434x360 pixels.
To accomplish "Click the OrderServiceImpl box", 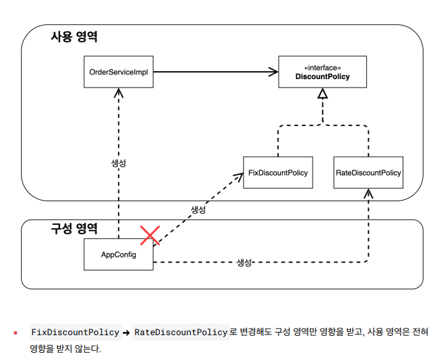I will [x=119, y=72].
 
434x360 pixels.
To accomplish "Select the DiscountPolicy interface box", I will [x=322, y=72].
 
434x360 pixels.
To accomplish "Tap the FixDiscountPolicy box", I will [x=277, y=173].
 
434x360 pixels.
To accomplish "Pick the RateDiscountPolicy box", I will [x=368, y=173].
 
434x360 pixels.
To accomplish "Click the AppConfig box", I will [x=119, y=254].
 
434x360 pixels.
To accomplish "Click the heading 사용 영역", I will [x=74, y=37].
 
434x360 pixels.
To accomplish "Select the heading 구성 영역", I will [x=74, y=229].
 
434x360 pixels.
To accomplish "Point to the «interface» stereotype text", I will [x=322, y=67].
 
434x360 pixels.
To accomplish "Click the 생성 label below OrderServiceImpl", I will [x=119, y=163].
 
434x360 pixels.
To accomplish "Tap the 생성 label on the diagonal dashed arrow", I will [x=198, y=210].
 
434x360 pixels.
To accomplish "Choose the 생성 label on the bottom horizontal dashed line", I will [x=244, y=262].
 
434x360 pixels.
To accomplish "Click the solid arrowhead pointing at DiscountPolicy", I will [x=273, y=72].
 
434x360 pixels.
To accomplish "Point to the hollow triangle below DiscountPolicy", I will [x=322, y=94].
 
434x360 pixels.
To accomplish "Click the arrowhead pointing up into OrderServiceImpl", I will [x=119, y=93].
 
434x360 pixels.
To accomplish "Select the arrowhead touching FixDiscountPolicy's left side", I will [x=238, y=175].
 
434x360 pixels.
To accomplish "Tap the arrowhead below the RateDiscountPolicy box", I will [x=368, y=194].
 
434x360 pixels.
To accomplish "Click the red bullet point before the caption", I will [x=15, y=333].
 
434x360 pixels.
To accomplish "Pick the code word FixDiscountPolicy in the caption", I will [x=75, y=332].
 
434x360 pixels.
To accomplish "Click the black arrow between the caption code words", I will [x=127, y=333].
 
